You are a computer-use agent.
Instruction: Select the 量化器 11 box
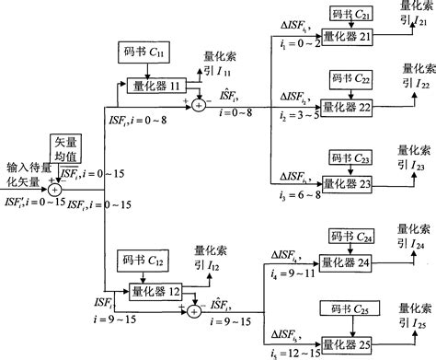[x=155, y=86]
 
